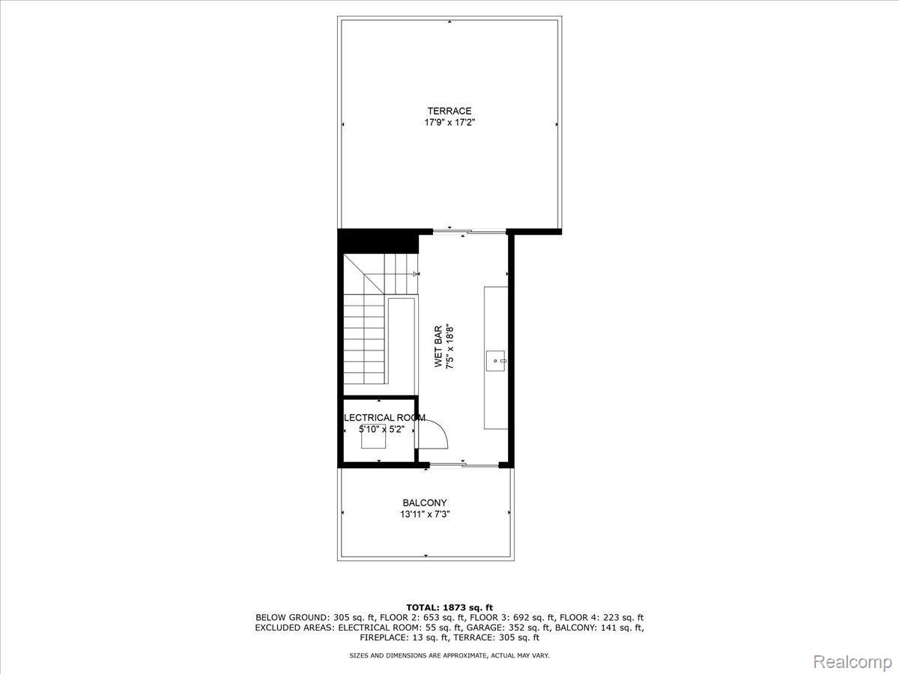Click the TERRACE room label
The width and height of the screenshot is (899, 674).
[449, 111]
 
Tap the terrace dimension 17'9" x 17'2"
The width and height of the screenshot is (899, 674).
[449, 122]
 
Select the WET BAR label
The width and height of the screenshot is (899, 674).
[438, 347]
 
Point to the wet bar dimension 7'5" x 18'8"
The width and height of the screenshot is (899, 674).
[449, 347]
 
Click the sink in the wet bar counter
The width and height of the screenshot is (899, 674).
[497, 361]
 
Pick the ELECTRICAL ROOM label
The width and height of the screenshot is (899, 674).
[384, 418]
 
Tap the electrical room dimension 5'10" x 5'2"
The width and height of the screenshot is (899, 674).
[382, 429]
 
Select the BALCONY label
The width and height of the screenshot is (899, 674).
[425, 503]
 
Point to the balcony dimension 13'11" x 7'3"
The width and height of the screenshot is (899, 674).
[425, 514]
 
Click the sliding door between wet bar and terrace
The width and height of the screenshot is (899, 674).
[470, 232]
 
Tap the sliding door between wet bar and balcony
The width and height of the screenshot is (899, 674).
[464, 465]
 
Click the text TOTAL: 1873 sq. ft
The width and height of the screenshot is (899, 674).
[449, 607]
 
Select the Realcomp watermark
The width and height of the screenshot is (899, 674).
[853, 661]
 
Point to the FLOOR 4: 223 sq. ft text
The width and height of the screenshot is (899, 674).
[602, 618]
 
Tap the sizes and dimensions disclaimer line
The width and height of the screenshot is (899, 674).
[449, 655]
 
